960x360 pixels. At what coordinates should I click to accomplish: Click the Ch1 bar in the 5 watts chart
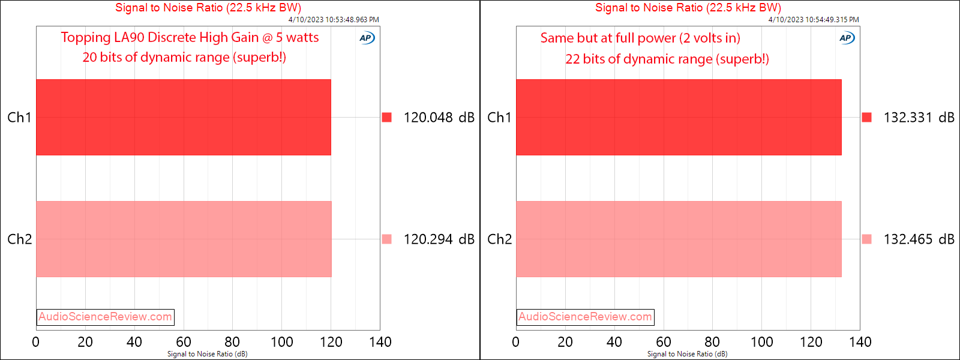[x=183, y=117]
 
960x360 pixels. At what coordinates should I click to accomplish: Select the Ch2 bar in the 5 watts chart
[x=183, y=239]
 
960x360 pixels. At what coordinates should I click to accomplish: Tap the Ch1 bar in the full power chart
[x=678, y=117]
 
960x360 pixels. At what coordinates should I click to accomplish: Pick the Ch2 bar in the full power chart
[x=678, y=239]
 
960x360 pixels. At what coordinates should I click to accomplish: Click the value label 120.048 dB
[x=439, y=118]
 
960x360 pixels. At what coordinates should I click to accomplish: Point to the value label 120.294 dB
[x=439, y=239]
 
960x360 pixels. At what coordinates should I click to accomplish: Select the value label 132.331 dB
[x=919, y=118]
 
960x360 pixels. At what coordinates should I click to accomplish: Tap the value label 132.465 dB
[x=919, y=239]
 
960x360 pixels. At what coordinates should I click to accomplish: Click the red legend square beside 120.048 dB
[x=387, y=117]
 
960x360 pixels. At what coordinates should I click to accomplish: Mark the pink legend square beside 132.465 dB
[x=866, y=239]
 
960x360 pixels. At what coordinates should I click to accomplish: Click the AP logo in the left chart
[x=367, y=38]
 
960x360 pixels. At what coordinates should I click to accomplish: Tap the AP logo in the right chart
[x=847, y=38]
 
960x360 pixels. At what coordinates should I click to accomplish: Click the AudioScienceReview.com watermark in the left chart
[x=105, y=317]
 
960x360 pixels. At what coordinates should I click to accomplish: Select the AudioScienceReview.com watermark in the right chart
[x=585, y=317]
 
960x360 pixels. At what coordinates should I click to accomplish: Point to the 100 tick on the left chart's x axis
[x=281, y=342]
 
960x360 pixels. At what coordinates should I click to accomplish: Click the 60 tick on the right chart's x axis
[x=663, y=342]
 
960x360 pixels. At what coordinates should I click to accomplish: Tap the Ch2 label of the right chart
[x=499, y=239]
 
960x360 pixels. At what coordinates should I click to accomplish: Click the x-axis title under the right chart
[x=687, y=354]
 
